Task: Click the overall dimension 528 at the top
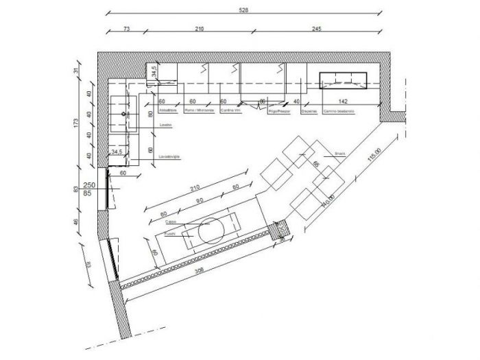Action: click(243, 11)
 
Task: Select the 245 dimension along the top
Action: click(317, 29)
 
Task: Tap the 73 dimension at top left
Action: click(126, 29)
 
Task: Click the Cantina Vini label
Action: click(230, 110)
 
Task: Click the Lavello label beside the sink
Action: click(165, 125)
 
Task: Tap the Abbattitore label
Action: click(168, 110)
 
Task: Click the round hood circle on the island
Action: click(212, 231)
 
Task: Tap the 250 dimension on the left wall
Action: click(88, 185)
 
